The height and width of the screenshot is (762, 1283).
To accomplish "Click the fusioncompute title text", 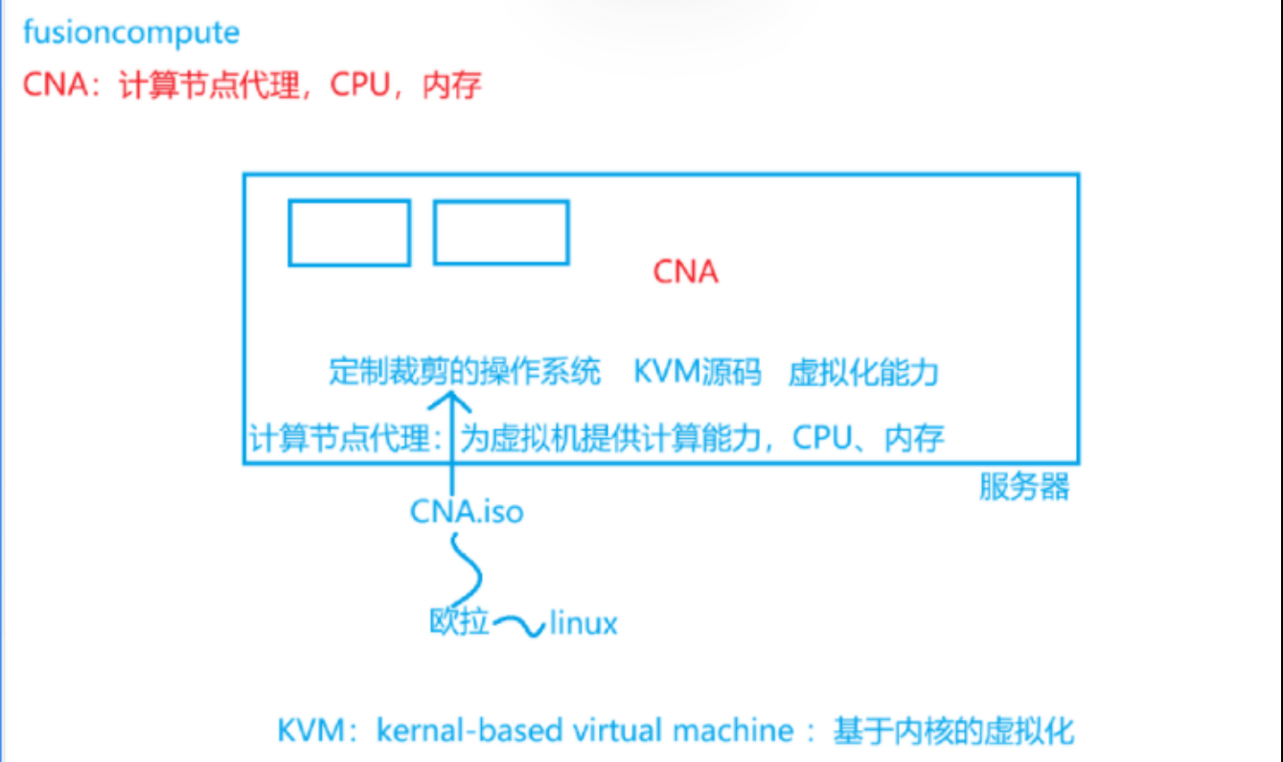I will (131, 34).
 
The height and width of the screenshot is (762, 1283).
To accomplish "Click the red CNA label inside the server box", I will (685, 272).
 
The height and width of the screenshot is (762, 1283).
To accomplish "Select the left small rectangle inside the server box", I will (350, 232).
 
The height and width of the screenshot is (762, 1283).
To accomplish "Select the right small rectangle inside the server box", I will (500, 232).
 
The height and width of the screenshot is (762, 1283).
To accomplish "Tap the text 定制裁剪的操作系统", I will (465, 372).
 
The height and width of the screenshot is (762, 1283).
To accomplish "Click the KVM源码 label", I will (697, 372).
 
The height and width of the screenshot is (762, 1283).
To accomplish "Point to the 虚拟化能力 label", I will (862, 373).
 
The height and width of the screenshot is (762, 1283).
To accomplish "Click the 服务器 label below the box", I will (1023, 488).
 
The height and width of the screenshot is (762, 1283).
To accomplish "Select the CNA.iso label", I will (467, 512).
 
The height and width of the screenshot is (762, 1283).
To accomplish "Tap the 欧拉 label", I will (459, 624).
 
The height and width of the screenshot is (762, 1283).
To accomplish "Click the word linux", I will (584, 625).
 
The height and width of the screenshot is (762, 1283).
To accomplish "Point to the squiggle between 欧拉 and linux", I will (518, 628).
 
